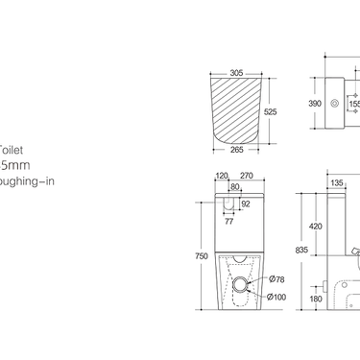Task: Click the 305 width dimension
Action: coord(236,71)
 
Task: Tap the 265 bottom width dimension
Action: coord(236,149)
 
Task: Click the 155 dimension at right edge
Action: coord(354,102)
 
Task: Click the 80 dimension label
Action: coord(234,189)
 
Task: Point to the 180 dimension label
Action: coord(316,300)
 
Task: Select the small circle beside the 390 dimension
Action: coord(335,102)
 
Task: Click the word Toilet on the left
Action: coord(11,150)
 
